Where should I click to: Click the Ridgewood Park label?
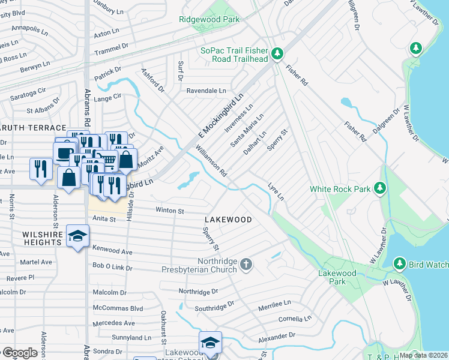pos(209,19)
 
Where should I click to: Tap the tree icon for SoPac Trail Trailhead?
pos(277,55)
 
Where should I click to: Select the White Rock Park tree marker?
pos(379,189)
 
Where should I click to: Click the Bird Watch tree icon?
pos(400,264)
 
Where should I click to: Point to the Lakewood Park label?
pos(337,277)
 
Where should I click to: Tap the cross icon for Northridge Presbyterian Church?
pos(246,265)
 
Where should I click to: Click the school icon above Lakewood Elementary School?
pos(210,343)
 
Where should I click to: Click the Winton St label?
pos(169,211)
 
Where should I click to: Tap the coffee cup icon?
pos(64,152)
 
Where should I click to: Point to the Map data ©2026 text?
pos(423,355)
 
